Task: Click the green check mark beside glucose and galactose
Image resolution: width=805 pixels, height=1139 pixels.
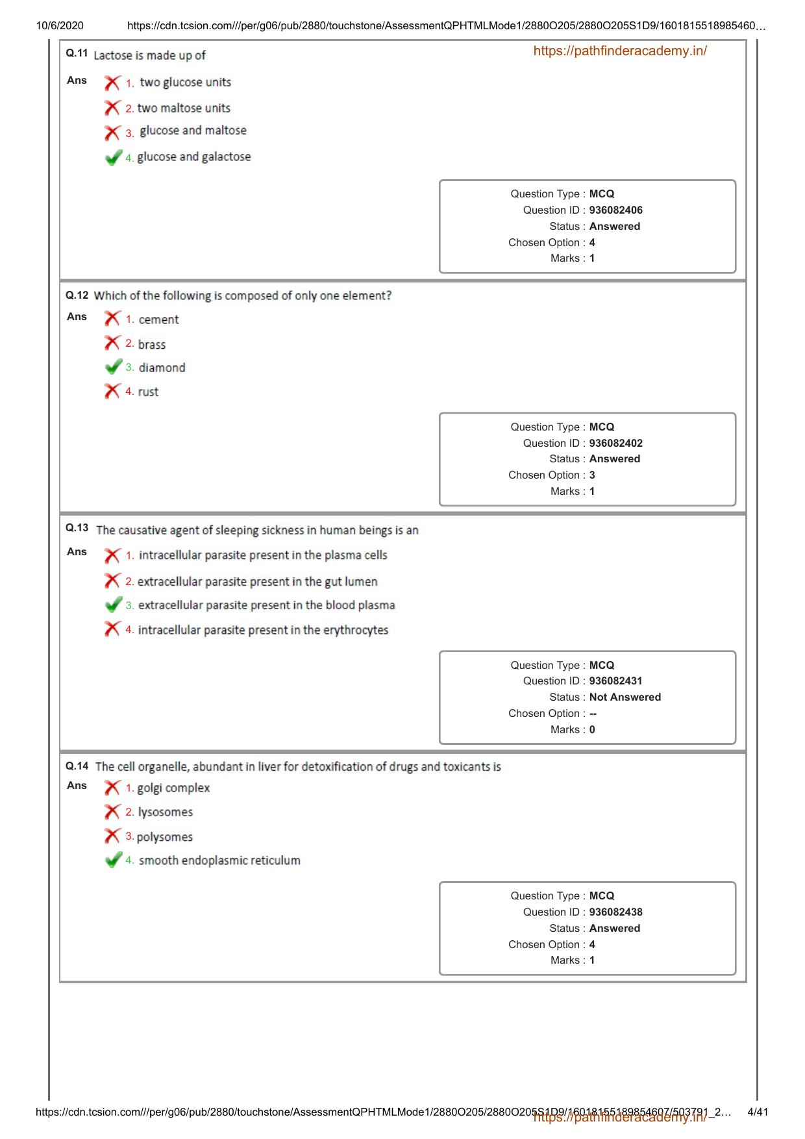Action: click(x=113, y=158)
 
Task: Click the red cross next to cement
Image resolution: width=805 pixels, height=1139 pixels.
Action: click(x=112, y=319)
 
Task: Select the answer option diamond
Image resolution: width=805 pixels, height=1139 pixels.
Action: click(x=162, y=368)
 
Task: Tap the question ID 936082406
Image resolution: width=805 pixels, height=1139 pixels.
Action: click(x=615, y=210)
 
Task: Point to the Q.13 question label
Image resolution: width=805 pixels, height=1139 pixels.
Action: click(x=77, y=528)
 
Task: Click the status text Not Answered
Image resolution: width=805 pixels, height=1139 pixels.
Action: click(x=625, y=697)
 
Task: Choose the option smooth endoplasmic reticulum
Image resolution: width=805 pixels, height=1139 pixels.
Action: click(x=219, y=861)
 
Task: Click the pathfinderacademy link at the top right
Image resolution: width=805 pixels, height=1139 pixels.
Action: click(x=619, y=51)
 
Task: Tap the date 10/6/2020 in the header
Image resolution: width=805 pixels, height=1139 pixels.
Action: click(x=60, y=26)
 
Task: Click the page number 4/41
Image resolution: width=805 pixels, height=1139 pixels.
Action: click(x=758, y=1112)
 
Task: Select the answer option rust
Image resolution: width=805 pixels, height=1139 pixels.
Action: click(x=148, y=392)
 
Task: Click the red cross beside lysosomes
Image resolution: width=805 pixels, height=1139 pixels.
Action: click(x=112, y=812)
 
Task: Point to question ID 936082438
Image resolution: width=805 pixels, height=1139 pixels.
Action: click(x=615, y=912)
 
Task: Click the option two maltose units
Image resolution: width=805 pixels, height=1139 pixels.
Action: click(x=184, y=108)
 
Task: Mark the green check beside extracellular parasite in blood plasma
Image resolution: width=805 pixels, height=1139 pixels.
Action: click(x=113, y=605)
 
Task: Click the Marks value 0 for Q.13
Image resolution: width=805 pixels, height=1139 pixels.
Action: click(x=592, y=730)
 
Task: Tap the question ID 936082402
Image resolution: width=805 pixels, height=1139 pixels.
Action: click(x=615, y=444)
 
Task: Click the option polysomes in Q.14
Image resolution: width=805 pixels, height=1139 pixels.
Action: click(x=164, y=838)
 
